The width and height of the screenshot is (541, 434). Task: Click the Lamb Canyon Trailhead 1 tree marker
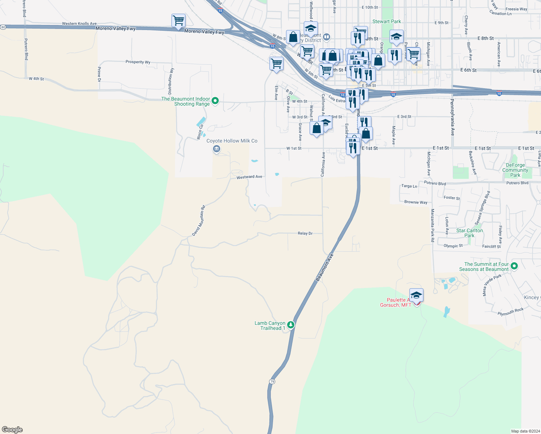click(x=291, y=325)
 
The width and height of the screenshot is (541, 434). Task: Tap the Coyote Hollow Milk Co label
click(x=232, y=141)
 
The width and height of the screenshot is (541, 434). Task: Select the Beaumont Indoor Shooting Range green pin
click(x=215, y=101)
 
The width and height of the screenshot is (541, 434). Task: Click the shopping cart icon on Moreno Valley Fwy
click(x=178, y=21)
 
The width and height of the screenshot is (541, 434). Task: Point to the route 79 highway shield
click(x=272, y=382)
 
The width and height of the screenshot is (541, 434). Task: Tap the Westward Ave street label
click(x=249, y=177)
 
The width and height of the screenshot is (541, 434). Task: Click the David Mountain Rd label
click(x=199, y=221)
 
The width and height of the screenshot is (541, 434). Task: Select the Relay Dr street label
click(x=305, y=233)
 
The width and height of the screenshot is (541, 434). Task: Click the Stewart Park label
click(x=387, y=21)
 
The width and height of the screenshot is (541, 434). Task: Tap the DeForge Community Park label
click(x=515, y=170)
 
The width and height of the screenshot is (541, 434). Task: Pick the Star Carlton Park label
click(x=469, y=233)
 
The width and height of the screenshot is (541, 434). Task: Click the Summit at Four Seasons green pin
click(x=514, y=266)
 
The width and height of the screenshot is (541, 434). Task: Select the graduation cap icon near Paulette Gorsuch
click(x=416, y=295)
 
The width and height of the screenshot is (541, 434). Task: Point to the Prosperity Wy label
click(x=138, y=62)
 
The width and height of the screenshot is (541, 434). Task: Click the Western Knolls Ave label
click(x=79, y=24)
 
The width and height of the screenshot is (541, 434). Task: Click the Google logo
click(x=12, y=430)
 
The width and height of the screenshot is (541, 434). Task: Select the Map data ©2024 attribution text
click(x=525, y=431)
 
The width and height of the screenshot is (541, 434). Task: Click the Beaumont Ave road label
click(x=324, y=267)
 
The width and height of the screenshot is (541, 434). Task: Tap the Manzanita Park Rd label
click(x=433, y=225)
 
